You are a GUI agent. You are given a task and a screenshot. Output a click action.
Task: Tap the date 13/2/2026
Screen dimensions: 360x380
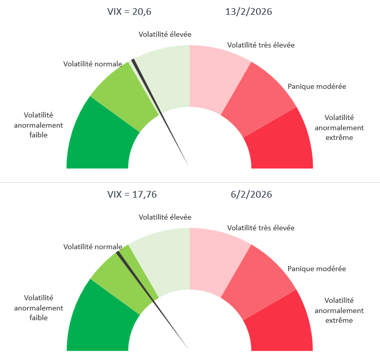(x=248, y=12)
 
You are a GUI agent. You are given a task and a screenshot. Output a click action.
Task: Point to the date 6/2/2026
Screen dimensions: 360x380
(x=250, y=195)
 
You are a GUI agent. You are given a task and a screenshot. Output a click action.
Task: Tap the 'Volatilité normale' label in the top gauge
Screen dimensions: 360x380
(x=92, y=64)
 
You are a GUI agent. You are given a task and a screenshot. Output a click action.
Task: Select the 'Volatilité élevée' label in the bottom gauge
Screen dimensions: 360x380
(x=165, y=217)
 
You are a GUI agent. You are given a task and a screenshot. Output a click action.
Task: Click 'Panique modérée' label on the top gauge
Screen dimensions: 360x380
(x=317, y=86)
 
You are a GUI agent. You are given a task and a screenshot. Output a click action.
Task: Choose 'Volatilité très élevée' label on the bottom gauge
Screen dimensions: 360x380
(x=261, y=228)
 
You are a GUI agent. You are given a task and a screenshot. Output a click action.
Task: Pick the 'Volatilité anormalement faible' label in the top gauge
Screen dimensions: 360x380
(x=38, y=125)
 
